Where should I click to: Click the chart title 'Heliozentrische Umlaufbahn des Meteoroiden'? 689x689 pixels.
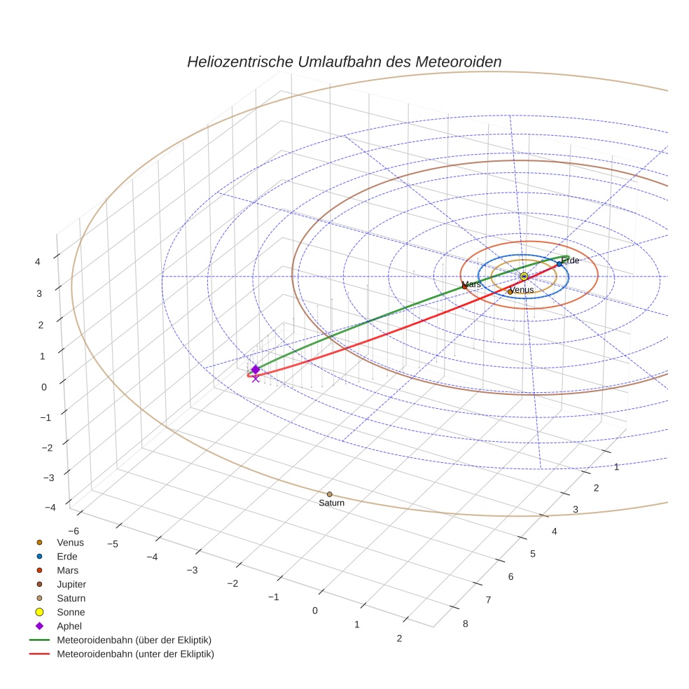click(x=344, y=62)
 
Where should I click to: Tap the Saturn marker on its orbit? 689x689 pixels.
click(x=330, y=494)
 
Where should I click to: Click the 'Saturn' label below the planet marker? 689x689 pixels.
click(x=331, y=503)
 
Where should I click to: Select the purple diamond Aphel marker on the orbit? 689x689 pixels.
click(x=256, y=369)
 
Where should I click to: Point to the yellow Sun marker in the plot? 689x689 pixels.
click(x=524, y=277)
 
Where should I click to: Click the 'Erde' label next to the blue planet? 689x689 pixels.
click(x=570, y=260)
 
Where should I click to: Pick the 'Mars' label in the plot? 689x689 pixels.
click(x=472, y=284)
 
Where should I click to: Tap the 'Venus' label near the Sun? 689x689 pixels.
click(x=522, y=290)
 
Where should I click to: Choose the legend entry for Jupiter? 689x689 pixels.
click(x=71, y=584)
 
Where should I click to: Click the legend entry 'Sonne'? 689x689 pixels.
click(x=71, y=612)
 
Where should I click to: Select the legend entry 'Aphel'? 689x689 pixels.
click(x=69, y=626)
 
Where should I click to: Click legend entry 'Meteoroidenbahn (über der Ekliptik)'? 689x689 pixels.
click(x=134, y=640)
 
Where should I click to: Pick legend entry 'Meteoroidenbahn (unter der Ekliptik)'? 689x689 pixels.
click(x=135, y=654)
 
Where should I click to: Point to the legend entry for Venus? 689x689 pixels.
click(x=70, y=542)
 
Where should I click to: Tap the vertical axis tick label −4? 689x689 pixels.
click(x=49, y=508)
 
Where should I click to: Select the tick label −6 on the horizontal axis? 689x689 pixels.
click(x=71, y=531)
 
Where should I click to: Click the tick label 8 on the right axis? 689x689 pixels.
click(x=465, y=624)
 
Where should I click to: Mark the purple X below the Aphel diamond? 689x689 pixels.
click(x=256, y=378)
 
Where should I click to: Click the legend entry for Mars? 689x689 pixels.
click(x=67, y=570)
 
